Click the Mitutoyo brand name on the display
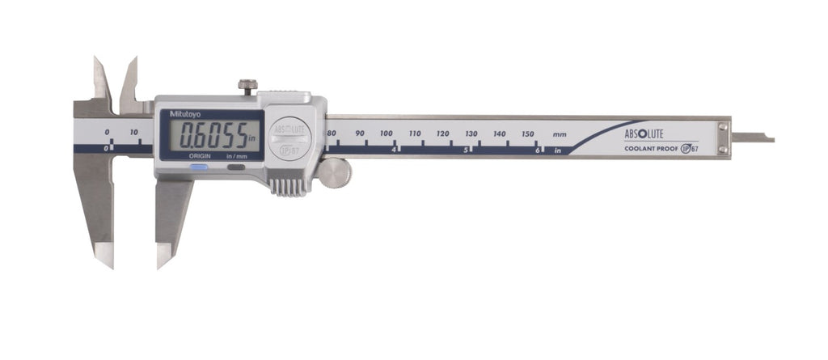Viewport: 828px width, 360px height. point(177,114)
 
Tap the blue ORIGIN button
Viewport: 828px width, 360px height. point(199,167)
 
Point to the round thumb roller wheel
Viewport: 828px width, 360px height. point(334,173)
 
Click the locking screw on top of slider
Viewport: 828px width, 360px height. point(247,87)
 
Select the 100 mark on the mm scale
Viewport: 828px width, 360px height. point(387,133)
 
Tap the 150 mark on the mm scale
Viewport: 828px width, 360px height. point(528,133)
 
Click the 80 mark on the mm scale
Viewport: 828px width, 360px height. point(332,133)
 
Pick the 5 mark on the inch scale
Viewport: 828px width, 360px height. point(465,150)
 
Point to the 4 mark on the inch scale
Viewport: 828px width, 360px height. point(394,150)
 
